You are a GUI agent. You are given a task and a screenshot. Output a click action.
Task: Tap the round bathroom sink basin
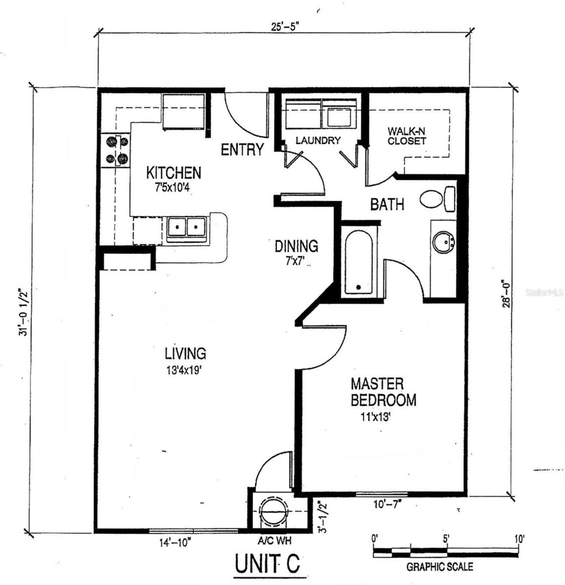point(443,242)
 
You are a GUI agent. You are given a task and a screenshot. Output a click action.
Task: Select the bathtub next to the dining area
point(358,262)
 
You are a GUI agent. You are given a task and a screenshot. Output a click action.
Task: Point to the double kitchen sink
point(186,227)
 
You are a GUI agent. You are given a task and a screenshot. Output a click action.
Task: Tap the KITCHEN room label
point(173,173)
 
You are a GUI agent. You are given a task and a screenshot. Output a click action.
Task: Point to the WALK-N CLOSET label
point(407,136)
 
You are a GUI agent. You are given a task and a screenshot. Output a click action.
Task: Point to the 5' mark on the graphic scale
point(446,539)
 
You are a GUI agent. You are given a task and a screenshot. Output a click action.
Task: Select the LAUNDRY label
point(318,140)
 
